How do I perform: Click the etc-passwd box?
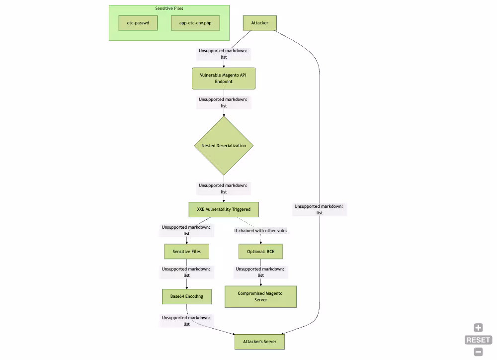[x=138, y=23]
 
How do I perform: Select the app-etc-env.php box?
[x=195, y=23]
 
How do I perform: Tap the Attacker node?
[x=259, y=23]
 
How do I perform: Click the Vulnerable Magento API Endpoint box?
[x=224, y=79]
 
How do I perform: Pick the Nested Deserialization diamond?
[x=224, y=146]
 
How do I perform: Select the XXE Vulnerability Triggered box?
[x=224, y=209]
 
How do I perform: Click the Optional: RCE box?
[x=260, y=252]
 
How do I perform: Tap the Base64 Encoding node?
[x=186, y=296]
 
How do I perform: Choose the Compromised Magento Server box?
[x=260, y=296]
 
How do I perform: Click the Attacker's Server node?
[x=259, y=342]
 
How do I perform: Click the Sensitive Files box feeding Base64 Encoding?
[x=186, y=252]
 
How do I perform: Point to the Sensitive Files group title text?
[x=169, y=8]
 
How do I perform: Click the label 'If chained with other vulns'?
[x=260, y=231]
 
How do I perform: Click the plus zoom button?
[x=478, y=328]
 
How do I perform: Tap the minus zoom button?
[x=478, y=352]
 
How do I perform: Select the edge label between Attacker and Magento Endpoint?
[x=223, y=54]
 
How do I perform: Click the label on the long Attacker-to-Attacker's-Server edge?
[x=319, y=209]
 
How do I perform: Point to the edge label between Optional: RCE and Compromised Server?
[x=260, y=272]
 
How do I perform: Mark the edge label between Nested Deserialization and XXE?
[x=223, y=188]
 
